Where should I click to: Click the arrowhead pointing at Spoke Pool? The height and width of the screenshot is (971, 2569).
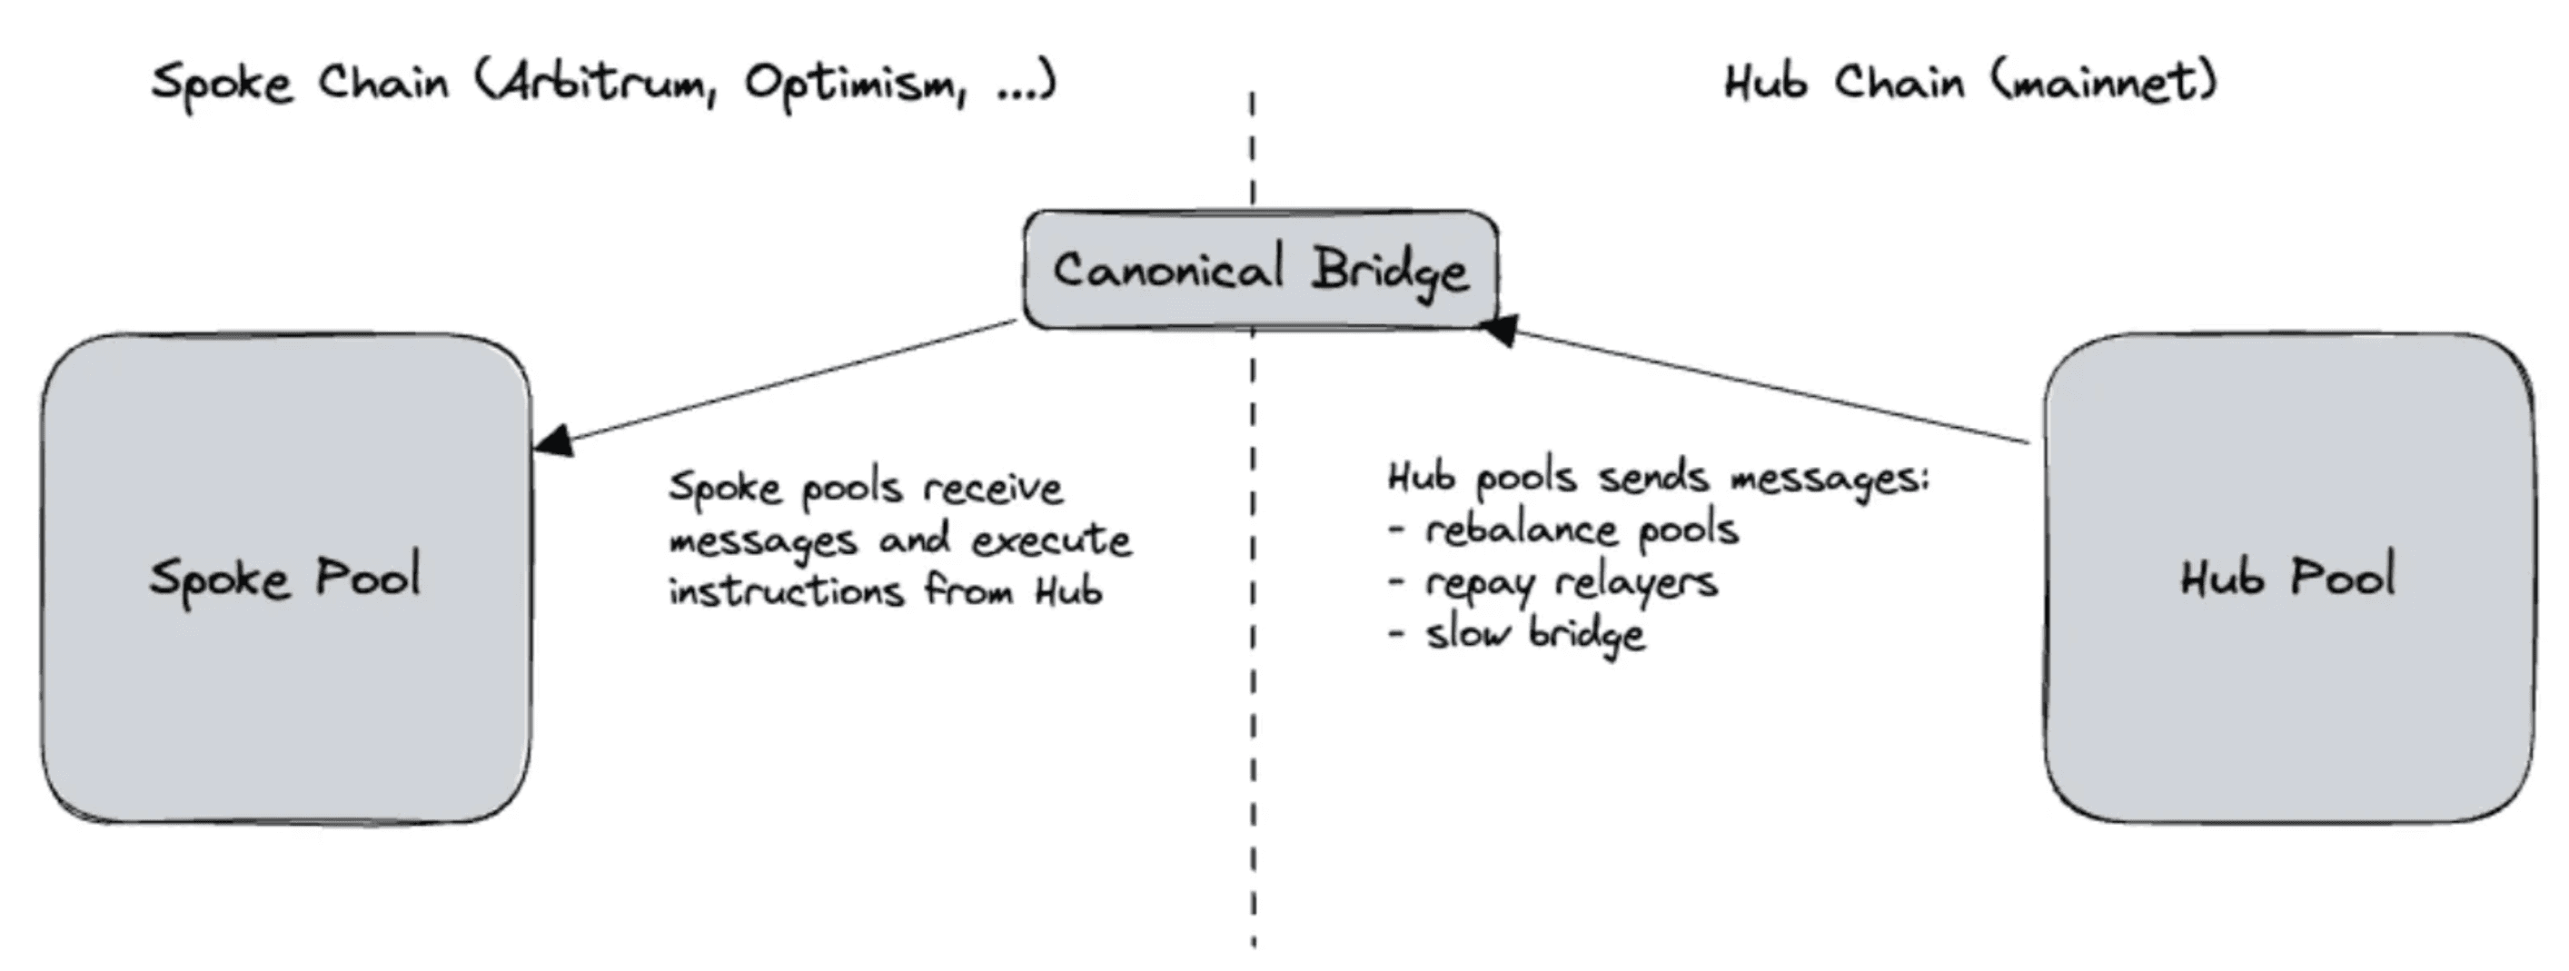pyautogui.click(x=553, y=440)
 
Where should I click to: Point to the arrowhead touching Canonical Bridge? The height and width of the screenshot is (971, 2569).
pyautogui.click(x=1499, y=329)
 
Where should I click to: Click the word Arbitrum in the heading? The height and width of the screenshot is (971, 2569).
pyautogui.click(x=604, y=82)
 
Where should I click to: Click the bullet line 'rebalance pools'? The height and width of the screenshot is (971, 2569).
pyautogui.click(x=1580, y=530)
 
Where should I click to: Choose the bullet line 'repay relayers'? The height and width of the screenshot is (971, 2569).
pyautogui.click(x=1570, y=582)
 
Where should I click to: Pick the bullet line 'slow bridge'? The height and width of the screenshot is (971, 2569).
pyautogui.click(x=1533, y=634)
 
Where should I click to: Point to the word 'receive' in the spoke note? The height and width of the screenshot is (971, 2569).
pyautogui.click(x=993, y=489)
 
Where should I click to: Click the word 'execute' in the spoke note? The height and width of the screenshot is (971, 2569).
pyautogui.click(x=1051, y=540)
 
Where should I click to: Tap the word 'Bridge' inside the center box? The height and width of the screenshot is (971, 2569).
pyautogui.click(x=1390, y=270)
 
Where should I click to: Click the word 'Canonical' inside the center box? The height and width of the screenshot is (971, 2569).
pyautogui.click(x=1168, y=270)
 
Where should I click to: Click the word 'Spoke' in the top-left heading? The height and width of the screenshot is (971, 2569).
pyautogui.click(x=222, y=83)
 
